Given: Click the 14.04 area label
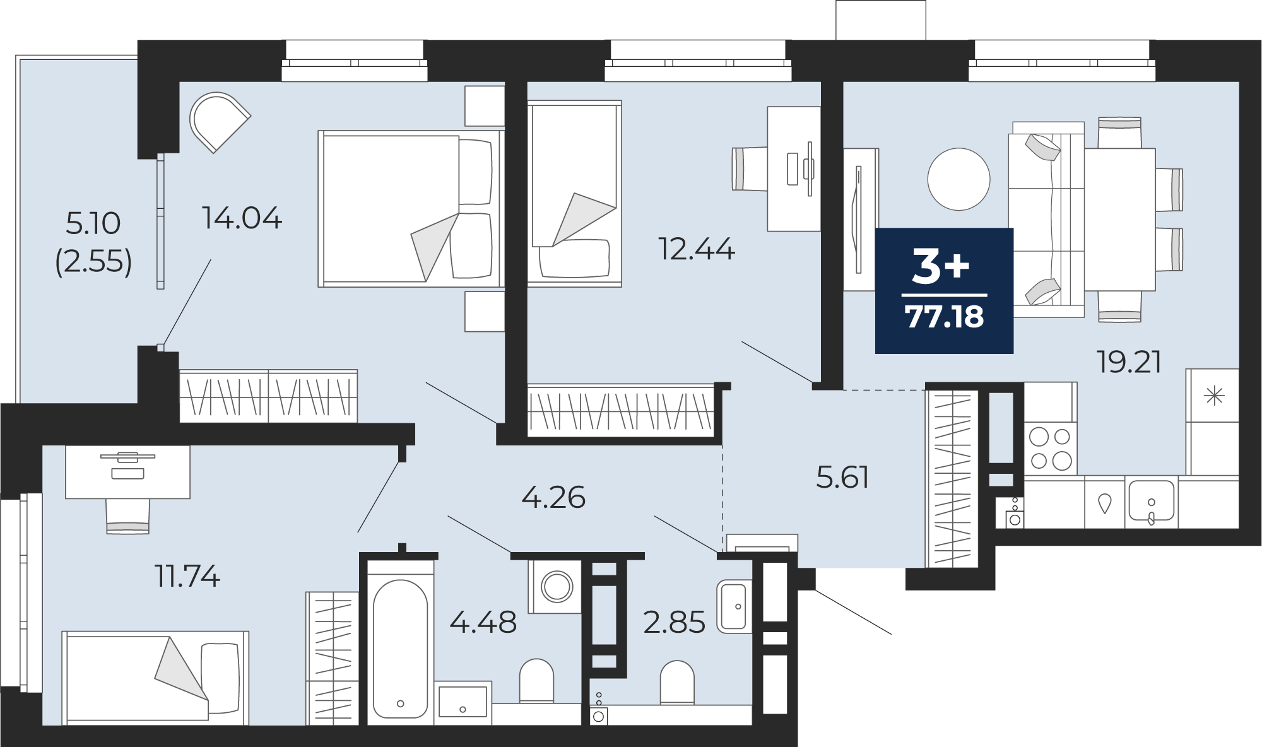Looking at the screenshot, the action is click(x=242, y=218).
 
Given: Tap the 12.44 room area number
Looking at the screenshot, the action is click(x=697, y=249).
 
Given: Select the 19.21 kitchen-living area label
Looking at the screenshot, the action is click(x=1129, y=362).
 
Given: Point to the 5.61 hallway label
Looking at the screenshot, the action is click(x=842, y=478).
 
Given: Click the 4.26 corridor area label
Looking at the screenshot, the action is click(x=553, y=498).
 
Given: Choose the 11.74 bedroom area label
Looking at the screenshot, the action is click(x=187, y=576).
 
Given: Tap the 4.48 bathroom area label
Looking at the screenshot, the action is click(x=483, y=623).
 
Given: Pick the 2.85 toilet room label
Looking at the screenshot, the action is click(x=674, y=623).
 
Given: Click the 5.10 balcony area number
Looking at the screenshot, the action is click(x=93, y=223).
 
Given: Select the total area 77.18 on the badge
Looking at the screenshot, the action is click(x=944, y=317).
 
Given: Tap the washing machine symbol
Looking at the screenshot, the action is click(x=556, y=587).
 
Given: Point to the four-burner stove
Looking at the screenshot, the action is click(x=1050, y=448).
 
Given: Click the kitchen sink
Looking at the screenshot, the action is click(x=1151, y=502).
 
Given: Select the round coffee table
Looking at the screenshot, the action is click(x=958, y=179).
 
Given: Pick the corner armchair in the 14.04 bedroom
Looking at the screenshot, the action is click(x=219, y=122).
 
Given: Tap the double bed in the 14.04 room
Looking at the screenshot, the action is click(x=410, y=209).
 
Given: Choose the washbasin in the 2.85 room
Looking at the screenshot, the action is click(x=734, y=606).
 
